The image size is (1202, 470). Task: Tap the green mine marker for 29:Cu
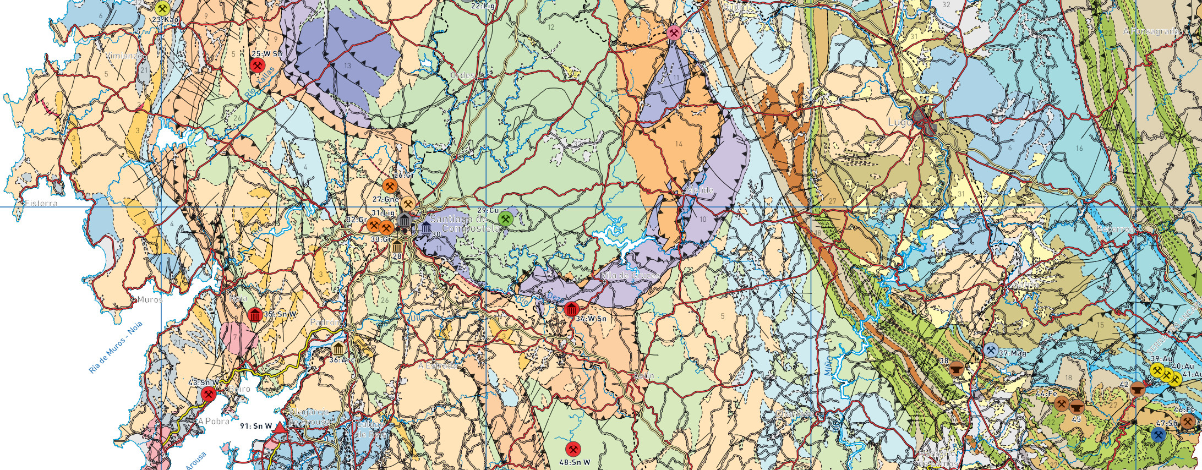(x=505, y=219)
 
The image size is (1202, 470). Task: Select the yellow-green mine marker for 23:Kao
(x=162, y=8)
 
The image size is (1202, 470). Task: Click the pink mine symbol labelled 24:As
(x=674, y=32)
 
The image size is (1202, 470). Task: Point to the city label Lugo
(x=900, y=122)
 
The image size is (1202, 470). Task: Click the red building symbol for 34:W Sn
(x=571, y=309)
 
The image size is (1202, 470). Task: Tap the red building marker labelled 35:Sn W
(x=254, y=315)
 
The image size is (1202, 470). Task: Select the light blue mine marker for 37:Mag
(x=991, y=350)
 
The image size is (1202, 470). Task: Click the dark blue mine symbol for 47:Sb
(x=1159, y=435)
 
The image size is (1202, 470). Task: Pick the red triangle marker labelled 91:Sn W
(x=280, y=428)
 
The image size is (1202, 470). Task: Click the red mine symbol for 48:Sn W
(x=572, y=449)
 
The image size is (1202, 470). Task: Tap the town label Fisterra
(x=41, y=203)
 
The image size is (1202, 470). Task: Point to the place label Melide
(x=700, y=190)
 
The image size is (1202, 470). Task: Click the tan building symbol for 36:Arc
(x=338, y=348)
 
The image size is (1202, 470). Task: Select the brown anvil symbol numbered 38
(x=956, y=368)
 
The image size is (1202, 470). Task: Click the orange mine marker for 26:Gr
(x=390, y=186)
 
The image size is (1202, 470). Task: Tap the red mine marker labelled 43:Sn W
(x=208, y=394)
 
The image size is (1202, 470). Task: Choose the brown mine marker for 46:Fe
(x=1187, y=422)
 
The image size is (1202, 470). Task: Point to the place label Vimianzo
(x=126, y=56)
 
